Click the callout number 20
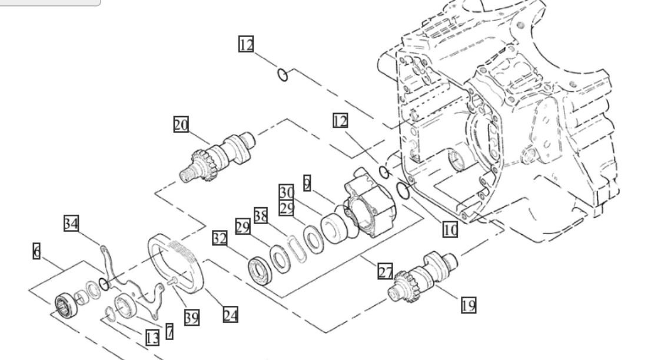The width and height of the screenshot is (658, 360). [181, 125]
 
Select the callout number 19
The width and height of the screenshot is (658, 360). [468, 305]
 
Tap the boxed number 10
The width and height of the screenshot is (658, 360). [450, 229]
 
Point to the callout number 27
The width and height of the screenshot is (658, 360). [386, 271]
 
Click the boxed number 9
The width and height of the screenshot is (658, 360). [307, 183]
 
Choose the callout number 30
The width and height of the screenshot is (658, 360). [287, 192]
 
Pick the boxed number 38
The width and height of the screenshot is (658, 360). [261, 216]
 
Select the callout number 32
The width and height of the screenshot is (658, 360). [220, 238]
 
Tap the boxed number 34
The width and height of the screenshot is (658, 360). [71, 223]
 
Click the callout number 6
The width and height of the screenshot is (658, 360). [36, 251]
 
